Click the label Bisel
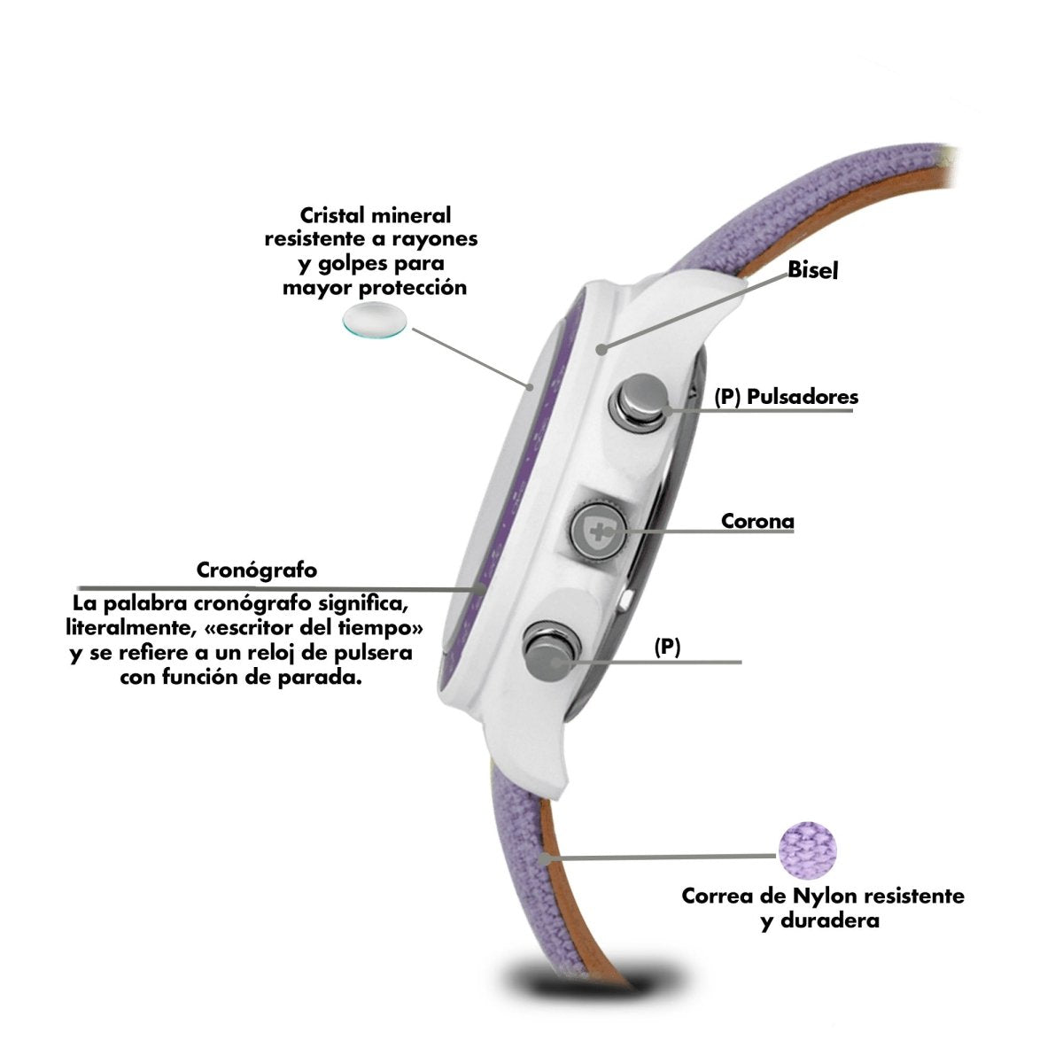pyautogui.click(x=812, y=270)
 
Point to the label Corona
pyautogui.click(x=757, y=521)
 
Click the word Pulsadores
pyautogui.click(x=803, y=397)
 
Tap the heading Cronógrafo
pyautogui.click(x=257, y=570)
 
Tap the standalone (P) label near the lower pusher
pyautogui.click(x=667, y=647)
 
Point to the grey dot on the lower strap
pyautogui.click(x=545, y=859)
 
